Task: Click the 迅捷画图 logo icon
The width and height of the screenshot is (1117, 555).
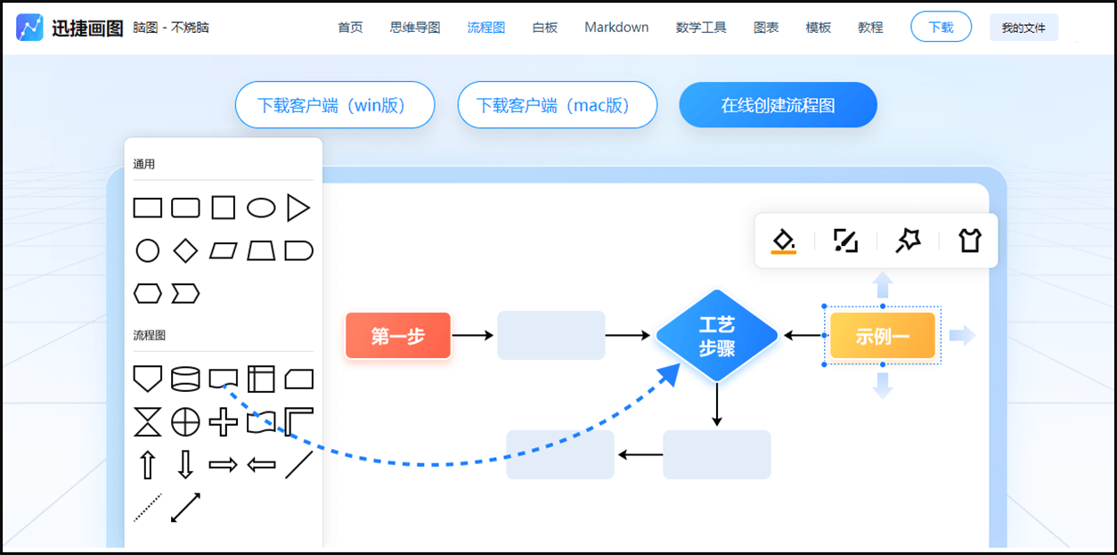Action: tap(29, 28)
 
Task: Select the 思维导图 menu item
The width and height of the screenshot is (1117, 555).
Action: tap(415, 28)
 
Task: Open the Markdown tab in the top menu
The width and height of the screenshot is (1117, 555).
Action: tap(616, 28)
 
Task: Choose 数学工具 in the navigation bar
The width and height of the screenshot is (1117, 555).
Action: tap(701, 28)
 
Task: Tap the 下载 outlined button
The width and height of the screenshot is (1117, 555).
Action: tap(941, 28)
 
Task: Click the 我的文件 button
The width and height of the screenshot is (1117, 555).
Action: tap(1023, 28)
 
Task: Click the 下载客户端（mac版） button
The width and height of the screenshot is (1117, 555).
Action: tap(557, 105)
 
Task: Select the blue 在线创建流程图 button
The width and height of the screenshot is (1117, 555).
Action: tap(778, 105)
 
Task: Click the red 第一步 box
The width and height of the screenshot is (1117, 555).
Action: tap(398, 336)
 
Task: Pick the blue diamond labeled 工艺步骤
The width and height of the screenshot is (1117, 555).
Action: tap(717, 336)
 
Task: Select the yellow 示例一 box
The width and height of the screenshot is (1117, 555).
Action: tap(882, 336)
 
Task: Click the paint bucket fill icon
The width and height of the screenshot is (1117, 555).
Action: tap(784, 241)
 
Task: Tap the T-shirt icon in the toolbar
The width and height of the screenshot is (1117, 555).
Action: tap(969, 241)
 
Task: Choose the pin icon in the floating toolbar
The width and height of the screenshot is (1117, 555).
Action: tap(908, 241)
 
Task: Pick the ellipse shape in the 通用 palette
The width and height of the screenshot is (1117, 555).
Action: tap(261, 208)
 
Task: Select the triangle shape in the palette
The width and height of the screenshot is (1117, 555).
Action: tap(298, 208)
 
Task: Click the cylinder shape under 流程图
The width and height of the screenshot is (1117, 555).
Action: tap(185, 380)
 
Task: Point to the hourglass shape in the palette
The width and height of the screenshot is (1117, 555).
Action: tap(148, 421)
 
